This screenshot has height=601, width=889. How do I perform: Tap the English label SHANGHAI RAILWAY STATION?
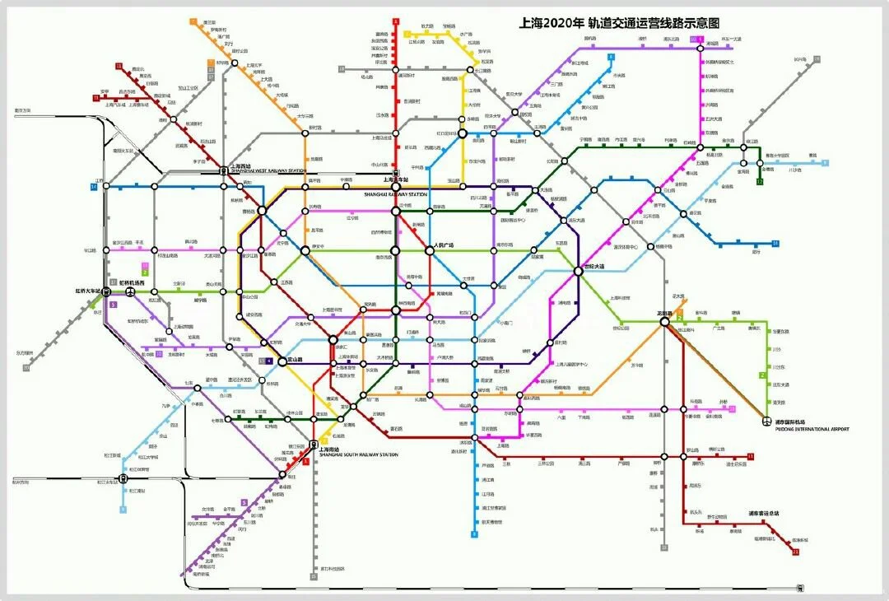coord(395,194)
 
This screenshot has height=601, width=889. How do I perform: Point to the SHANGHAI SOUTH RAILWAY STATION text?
coord(358,454)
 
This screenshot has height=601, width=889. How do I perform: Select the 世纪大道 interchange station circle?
coord(579,273)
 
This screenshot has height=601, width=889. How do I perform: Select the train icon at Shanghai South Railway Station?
coord(314,445)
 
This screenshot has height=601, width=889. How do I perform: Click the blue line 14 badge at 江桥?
coord(94,187)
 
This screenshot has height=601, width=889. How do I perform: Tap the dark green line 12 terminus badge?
coord(760,181)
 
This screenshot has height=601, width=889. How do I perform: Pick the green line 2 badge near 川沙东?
coord(761,375)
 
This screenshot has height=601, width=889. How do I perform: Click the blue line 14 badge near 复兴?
coord(775,244)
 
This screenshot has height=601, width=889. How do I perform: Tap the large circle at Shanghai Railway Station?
coord(395,187)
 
